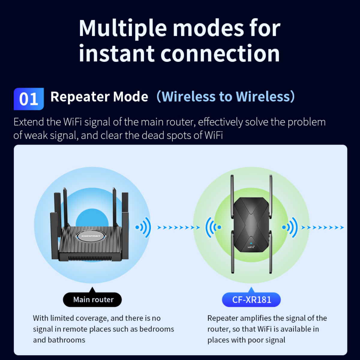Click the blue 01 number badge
pyautogui.click(x=29, y=99)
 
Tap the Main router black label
pyautogui.click(x=92, y=299)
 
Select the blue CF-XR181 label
pyautogui.click(x=251, y=299)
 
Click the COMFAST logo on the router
pyautogui.click(x=91, y=236)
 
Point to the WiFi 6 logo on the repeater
pyautogui.click(x=251, y=246)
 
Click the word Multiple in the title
pyautogui.click(x=123, y=28)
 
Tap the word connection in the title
pyautogui.click(x=220, y=53)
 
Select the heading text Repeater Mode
pyautogui.click(x=99, y=97)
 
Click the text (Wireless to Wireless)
pyautogui.click(x=226, y=97)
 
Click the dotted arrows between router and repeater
pyautogui.click(x=178, y=227)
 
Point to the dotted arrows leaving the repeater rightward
pyautogui.click(x=322, y=227)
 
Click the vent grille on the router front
pyautogui.click(x=90, y=259)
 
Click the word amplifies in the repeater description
pyautogui.click(x=255, y=318)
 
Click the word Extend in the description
pyautogui.click(x=29, y=122)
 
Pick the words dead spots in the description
pyautogui.click(x=166, y=135)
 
